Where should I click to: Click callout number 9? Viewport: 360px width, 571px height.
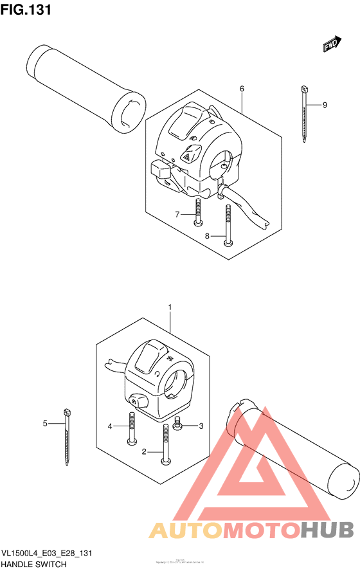coord(325,105)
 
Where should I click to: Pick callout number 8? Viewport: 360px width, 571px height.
coord(208,236)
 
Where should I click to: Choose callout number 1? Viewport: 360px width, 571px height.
coord(170,308)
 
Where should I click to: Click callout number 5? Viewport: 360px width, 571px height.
coord(45,422)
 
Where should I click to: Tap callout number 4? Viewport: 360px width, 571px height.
coord(110,426)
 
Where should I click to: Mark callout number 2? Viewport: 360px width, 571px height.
coord(144,452)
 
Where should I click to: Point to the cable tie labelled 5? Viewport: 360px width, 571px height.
coord(66,437)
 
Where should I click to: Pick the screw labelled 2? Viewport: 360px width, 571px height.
coord(166,444)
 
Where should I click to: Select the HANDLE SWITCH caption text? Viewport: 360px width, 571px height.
coord(33,563)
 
